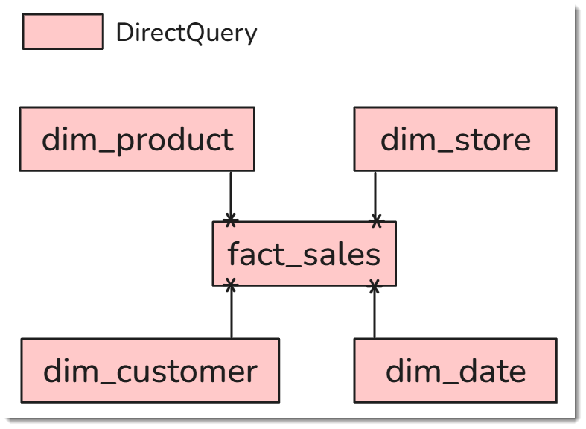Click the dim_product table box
pyautogui.click(x=137, y=139)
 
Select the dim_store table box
pyautogui.click(x=455, y=139)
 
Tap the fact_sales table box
pyautogui.click(x=305, y=254)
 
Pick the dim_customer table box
pyautogui.click(x=150, y=371)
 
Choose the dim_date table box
pyautogui.click(x=455, y=371)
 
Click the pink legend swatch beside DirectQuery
pyautogui.click(x=63, y=31)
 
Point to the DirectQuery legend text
pyautogui.click(x=186, y=33)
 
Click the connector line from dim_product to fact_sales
pyautogui.click(x=231, y=197)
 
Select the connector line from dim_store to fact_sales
pyautogui.click(x=375, y=197)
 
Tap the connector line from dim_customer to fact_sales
pyautogui.click(x=232, y=312)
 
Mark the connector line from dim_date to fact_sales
pyautogui.click(x=375, y=312)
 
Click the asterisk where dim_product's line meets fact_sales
pyautogui.click(x=231, y=220)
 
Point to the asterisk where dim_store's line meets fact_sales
pyautogui.click(x=377, y=220)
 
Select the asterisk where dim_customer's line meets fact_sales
pyautogui.click(x=231, y=285)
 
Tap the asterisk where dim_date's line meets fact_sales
pyautogui.click(x=375, y=285)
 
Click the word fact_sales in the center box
pyautogui.click(x=305, y=254)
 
